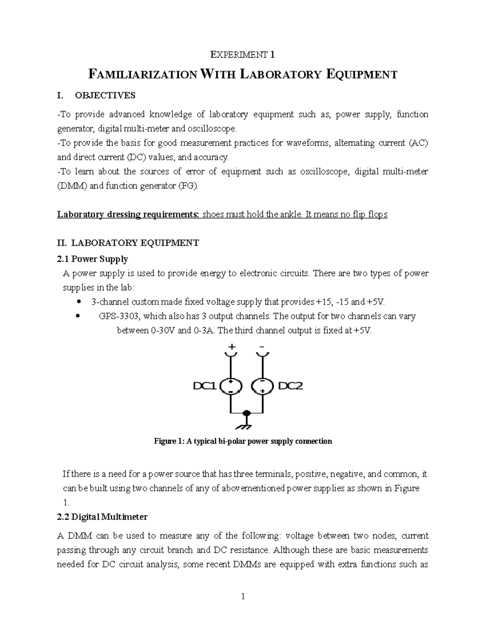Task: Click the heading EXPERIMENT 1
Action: click(243, 54)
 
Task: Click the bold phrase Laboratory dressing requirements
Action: click(128, 214)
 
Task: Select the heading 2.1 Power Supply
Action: click(93, 259)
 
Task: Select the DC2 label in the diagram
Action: click(291, 386)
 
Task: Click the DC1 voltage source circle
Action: click(230, 387)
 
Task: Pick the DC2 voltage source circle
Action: click(262, 387)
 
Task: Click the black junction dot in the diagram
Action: click(246, 413)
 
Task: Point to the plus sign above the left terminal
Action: click(232, 347)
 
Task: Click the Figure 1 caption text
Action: click(243, 441)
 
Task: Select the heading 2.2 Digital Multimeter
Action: click(103, 517)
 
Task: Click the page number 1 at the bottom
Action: click(243, 596)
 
